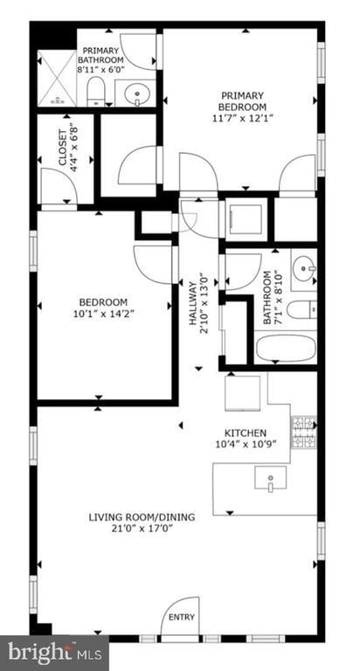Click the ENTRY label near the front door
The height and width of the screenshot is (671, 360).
182,617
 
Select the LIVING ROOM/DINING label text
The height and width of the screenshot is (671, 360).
142,516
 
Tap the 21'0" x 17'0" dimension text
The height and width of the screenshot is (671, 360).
142,528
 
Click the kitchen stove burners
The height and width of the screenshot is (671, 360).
303,432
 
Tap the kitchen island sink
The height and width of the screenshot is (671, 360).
270,479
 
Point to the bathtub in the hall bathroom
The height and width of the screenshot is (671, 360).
285,349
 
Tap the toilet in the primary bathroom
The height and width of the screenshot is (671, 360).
98,90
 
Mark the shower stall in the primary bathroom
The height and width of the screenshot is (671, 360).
56,78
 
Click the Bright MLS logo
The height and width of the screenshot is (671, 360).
54,652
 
